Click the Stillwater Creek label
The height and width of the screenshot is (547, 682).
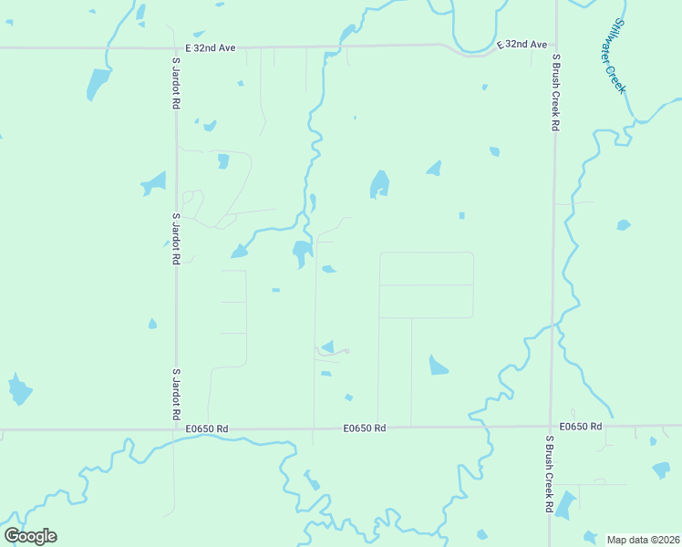click(x=619, y=56)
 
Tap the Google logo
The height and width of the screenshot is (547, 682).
click(x=30, y=536)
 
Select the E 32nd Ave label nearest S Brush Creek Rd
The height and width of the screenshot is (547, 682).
click(x=522, y=44)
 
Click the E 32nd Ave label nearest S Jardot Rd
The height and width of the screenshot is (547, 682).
click(x=210, y=47)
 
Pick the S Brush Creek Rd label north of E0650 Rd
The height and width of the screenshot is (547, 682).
click(x=554, y=92)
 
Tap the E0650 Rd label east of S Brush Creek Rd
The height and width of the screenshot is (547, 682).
click(x=581, y=427)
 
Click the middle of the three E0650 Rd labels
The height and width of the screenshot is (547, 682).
click(x=365, y=428)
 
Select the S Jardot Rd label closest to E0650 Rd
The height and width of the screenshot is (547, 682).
click(x=176, y=394)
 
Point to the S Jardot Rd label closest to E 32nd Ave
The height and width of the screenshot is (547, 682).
click(x=175, y=84)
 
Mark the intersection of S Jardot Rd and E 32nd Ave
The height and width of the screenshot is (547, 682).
click(x=175, y=46)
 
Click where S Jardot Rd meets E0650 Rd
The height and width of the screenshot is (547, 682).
click(x=176, y=428)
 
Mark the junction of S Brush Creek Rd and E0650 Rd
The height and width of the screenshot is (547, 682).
click(x=550, y=425)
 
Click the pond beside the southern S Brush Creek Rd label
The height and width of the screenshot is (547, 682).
click(x=566, y=504)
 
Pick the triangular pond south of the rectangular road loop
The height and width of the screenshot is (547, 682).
click(x=438, y=366)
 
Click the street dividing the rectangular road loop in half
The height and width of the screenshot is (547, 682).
click(x=426, y=284)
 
